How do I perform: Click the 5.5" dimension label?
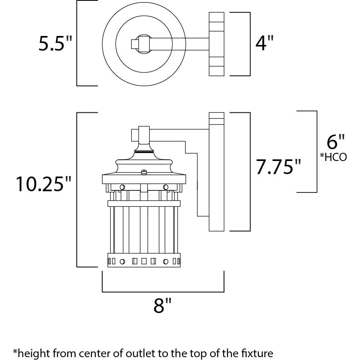pos(55,43)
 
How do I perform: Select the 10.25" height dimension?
pos(43,184)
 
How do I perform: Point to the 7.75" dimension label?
pos(278,166)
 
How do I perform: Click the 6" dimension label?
pos(335,142)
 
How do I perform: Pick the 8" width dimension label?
pos(162,305)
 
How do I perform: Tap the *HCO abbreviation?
pos(333,157)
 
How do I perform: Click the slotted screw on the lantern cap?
pos(144,172)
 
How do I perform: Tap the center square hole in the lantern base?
pos(144,261)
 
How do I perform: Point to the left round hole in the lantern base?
pos(122,262)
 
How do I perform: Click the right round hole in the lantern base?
pos(165,262)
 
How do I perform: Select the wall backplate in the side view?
pos(217,172)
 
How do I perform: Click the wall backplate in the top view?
pos(217,44)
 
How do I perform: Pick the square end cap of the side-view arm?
pos(135,135)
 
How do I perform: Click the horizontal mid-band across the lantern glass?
pos(144,203)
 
